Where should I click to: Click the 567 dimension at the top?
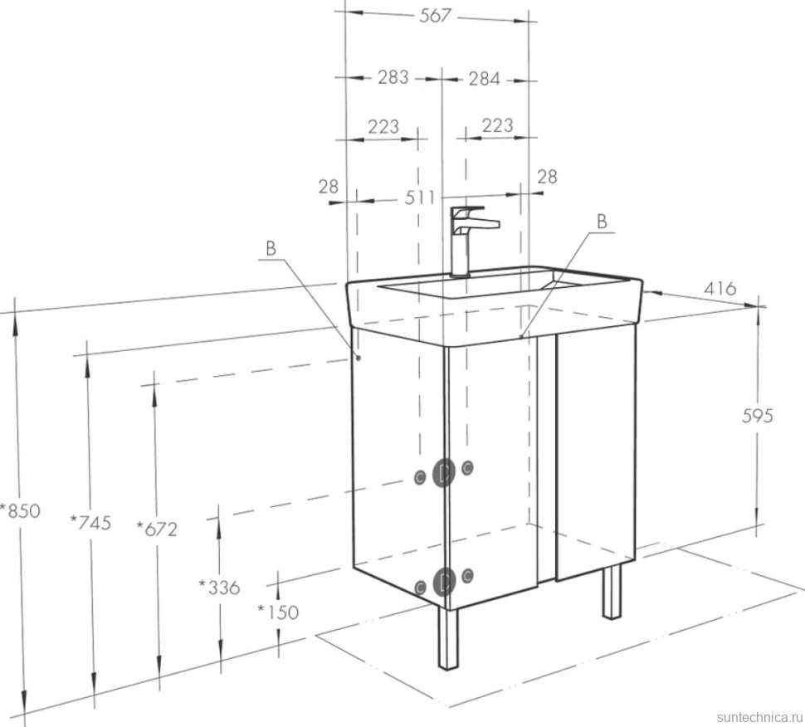click(435, 16)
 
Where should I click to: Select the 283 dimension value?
click(393, 77)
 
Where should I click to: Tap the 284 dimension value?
click(484, 79)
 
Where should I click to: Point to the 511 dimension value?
click(419, 198)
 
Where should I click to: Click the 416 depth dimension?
click(720, 289)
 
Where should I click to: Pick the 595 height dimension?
click(757, 415)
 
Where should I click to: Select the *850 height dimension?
click(20, 510)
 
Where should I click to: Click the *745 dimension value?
click(90, 522)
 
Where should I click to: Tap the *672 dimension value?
click(157, 529)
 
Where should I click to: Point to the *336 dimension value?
click(219, 587)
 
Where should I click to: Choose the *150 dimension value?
click(278, 612)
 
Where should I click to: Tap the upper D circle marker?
click(444, 472)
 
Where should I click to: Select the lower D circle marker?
click(444, 582)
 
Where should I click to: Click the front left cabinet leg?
click(448, 639)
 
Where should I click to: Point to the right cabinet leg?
click(612, 592)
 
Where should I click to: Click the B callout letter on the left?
click(271, 248)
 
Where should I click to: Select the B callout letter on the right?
click(603, 222)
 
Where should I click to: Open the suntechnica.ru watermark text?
click(759, 717)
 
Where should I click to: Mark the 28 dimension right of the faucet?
click(547, 177)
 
